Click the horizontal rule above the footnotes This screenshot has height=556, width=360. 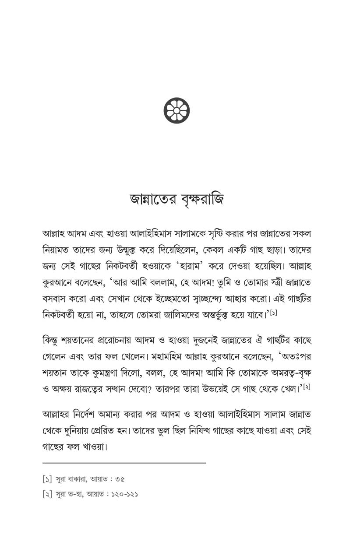click(124, 462)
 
